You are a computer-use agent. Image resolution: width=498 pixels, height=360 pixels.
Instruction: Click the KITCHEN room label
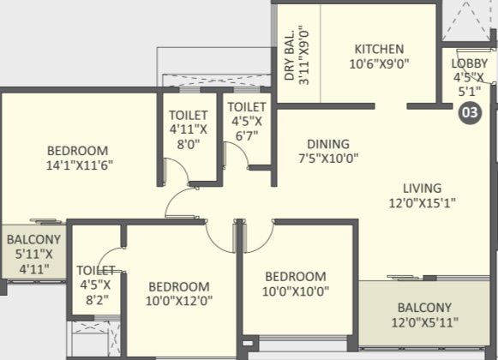[x=379, y=49]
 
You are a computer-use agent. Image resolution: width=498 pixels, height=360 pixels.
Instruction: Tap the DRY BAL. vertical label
[x=290, y=56]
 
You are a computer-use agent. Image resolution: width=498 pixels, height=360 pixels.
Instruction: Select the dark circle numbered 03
[x=470, y=112]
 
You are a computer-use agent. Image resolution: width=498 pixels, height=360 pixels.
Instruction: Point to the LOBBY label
[x=470, y=63]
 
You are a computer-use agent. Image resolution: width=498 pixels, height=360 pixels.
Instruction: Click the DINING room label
[x=328, y=144]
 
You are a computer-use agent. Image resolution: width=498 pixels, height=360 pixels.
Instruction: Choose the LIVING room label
[x=422, y=189]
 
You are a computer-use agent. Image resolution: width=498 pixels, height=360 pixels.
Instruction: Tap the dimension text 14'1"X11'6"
[x=80, y=165]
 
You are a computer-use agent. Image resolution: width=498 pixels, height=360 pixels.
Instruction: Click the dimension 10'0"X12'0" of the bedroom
[x=179, y=301]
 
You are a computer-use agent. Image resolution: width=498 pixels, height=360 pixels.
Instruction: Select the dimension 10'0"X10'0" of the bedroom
[x=296, y=291]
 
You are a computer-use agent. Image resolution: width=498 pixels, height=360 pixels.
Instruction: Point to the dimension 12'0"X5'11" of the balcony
[x=424, y=322]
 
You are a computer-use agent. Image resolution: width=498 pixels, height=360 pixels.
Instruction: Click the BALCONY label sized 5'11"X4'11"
[x=33, y=240]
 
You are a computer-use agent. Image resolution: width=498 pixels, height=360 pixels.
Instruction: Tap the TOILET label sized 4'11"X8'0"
[x=189, y=115]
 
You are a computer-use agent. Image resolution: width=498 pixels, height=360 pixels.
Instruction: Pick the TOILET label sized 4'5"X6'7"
[x=247, y=107]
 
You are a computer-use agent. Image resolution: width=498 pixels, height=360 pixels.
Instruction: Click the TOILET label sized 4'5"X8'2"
[x=96, y=270]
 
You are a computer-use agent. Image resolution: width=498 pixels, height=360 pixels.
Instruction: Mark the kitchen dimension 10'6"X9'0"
[x=379, y=64]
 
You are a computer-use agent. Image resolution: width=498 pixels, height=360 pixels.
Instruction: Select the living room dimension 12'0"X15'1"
[x=422, y=203]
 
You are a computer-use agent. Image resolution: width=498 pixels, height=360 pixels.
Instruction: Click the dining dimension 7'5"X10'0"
[x=328, y=158]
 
